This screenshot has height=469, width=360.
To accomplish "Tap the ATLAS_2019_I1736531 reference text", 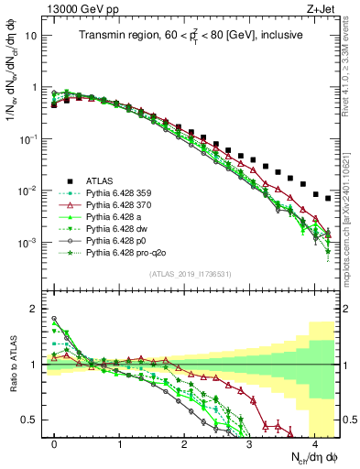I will pos(190,274).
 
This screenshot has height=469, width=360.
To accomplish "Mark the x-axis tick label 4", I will pos(314,442).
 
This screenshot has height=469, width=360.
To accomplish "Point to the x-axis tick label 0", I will pos(55,442).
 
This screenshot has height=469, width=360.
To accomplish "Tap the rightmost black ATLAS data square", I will pos(327,198).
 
